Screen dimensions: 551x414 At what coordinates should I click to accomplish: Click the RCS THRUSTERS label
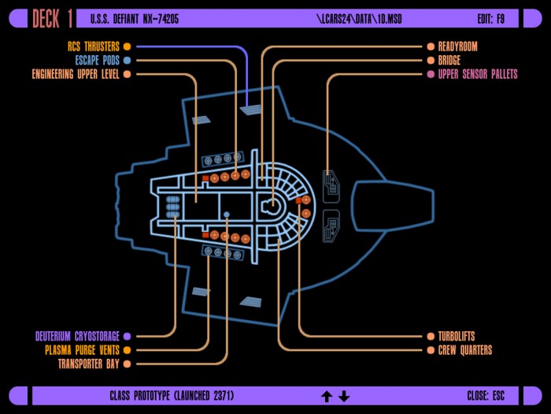click(94, 47)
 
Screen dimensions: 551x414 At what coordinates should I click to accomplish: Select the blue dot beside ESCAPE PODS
click(128, 60)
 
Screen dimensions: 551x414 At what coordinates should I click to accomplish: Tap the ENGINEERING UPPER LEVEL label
click(76, 74)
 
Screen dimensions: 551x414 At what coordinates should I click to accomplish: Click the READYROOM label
click(457, 47)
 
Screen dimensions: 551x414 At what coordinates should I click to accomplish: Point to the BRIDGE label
click(449, 60)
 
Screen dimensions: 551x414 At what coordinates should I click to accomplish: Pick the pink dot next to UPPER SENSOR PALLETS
click(431, 74)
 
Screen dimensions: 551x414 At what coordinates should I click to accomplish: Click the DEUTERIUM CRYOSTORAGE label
click(77, 336)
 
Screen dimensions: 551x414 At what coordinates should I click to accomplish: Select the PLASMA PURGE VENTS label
click(82, 350)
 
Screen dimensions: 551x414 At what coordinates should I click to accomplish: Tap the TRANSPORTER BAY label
click(89, 364)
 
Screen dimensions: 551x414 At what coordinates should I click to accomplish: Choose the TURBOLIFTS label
click(456, 336)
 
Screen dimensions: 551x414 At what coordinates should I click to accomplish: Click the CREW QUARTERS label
click(465, 350)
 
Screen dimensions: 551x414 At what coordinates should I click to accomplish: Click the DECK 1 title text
click(53, 18)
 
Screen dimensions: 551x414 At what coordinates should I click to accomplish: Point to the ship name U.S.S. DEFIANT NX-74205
click(135, 19)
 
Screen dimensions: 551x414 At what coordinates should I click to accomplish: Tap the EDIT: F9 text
click(490, 19)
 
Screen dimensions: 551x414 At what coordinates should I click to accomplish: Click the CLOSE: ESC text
click(486, 395)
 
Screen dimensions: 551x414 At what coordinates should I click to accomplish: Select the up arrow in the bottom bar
click(327, 396)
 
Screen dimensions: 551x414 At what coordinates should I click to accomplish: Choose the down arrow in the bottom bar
click(344, 396)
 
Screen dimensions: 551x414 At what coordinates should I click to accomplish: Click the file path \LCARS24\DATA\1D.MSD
click(359, 19)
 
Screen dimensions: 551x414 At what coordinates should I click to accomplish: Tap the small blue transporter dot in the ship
click(227, 214)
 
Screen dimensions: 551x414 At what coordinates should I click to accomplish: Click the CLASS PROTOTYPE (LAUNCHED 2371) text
click(172, 395)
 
